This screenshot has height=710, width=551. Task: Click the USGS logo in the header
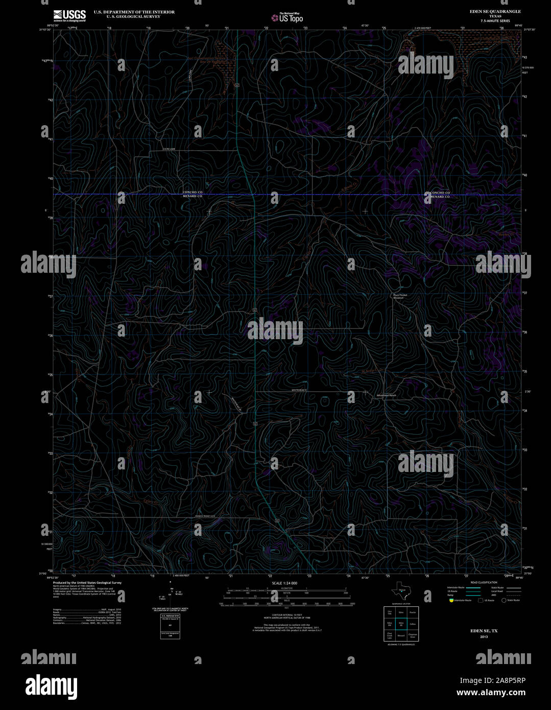(69, 15)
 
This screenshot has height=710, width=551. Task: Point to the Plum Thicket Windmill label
(400, 296)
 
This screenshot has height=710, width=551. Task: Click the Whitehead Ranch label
(386, 396)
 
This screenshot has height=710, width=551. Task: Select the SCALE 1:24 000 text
(284, 583)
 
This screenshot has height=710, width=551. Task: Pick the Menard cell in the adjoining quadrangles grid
(401, 636)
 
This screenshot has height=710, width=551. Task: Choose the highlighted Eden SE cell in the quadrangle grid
(401, 624)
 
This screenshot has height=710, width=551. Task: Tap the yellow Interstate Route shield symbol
(451, 600)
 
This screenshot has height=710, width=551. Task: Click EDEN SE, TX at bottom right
(483, 631)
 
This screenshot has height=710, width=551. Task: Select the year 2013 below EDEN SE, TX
(483, 637)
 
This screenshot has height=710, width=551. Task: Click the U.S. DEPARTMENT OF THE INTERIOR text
(134, 12)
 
